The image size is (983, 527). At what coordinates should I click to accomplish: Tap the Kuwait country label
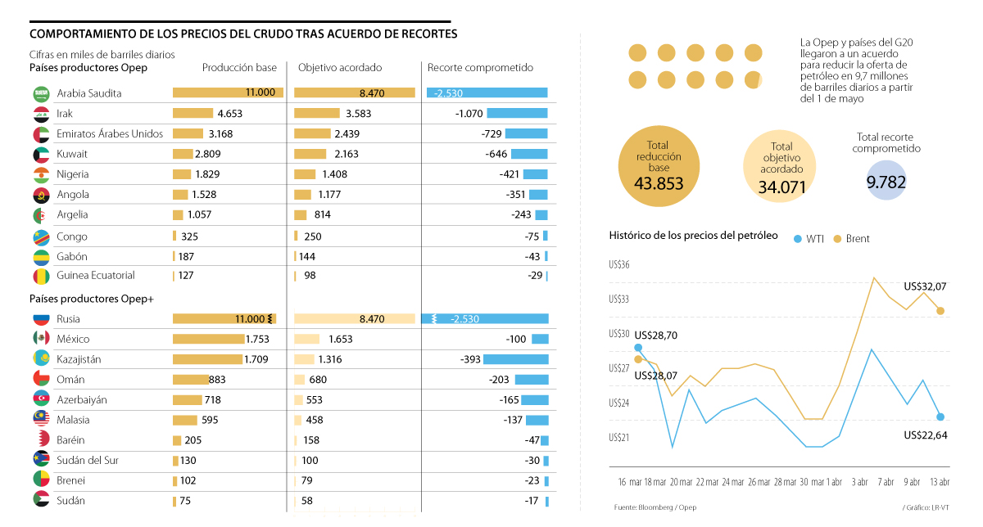click(x=72, y=154)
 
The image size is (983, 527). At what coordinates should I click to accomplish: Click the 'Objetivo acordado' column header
click(x=339, y=68)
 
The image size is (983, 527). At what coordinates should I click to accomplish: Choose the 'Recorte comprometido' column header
click(x=480, y=68)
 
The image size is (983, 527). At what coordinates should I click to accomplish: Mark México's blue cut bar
click(x=540, y=339)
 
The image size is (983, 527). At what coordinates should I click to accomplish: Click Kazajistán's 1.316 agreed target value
click(x=329, y=359)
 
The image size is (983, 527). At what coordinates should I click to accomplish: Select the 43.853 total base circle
click(x=659, y=166)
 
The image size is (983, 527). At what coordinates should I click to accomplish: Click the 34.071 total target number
click(x=782, y=187)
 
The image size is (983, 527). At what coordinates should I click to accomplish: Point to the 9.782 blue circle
click(x=886, y=182)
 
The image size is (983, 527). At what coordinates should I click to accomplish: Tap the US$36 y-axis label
click(x=618, y=264)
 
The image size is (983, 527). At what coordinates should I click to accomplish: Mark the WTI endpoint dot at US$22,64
click(x=940, y=417)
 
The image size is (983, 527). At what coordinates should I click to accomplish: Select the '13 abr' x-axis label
click(x=940, y=481)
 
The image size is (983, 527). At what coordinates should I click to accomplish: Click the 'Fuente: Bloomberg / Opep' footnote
click(x=655, y=507)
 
